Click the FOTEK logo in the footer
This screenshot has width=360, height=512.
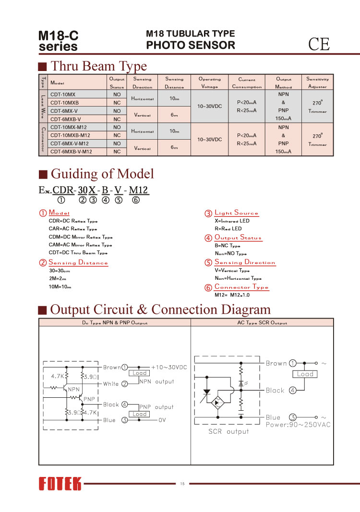(x=60, y=484)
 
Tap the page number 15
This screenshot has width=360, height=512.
(x=182, y=483)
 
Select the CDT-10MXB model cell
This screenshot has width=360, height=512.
(x=65, y=103)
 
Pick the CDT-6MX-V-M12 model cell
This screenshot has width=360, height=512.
(x=70, y=143)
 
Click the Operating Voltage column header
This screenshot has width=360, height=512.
(x=210, y=83)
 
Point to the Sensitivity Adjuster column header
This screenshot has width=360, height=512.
(x=317, y=83)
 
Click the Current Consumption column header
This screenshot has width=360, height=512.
(x=247, y=83)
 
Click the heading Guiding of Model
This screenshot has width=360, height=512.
(x=102, y=173)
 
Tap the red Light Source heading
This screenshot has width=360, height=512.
(x=236, y=213)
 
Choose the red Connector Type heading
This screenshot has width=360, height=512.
(x=241, y=287)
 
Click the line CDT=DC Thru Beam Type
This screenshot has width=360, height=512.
(x=78, y=252)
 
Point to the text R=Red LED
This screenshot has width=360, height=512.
(x=228, y=229)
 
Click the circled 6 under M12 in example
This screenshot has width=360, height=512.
(x=136, y=200)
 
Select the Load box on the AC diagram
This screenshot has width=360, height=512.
(x=305, y=374)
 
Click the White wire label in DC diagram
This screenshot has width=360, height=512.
(x=111, y=384)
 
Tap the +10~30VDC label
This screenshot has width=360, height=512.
(x=168, y=367)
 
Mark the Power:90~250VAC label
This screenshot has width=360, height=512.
(x=298, y=425)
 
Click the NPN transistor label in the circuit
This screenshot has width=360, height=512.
(x=74, y=389)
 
